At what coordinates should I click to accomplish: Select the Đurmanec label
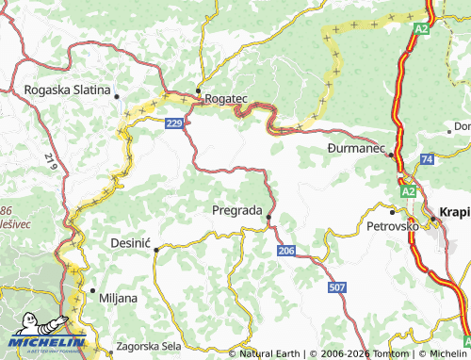[x=356, y=148]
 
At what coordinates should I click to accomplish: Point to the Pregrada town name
[x=236, y=210]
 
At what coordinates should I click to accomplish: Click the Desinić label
[x=131, y=242]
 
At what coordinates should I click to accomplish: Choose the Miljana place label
[x=118, y=298]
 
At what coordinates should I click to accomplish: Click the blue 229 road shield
[x=173, y=123]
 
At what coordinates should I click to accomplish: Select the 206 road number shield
[x=287, y=250]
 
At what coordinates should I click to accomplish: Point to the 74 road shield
[x=427, y=160]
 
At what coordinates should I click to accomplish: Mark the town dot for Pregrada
[x=268, y=218]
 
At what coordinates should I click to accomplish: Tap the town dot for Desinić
[x=155, y=249]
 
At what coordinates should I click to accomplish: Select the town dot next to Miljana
[x=91, y=290]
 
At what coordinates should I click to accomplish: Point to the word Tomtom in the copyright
[x=379, y=353]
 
